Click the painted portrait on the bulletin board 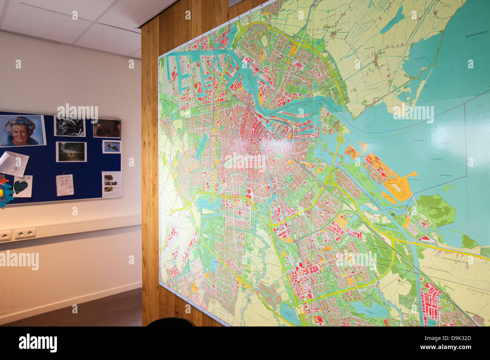pos(22,130)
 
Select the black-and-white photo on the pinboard pos(70,127)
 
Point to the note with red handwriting pos(64,185)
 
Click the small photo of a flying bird pos(112,146)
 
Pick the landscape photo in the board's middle pos(71,151)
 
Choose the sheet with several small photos pos(112,184)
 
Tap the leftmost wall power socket pos(5,236)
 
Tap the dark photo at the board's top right pos(107,129)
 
